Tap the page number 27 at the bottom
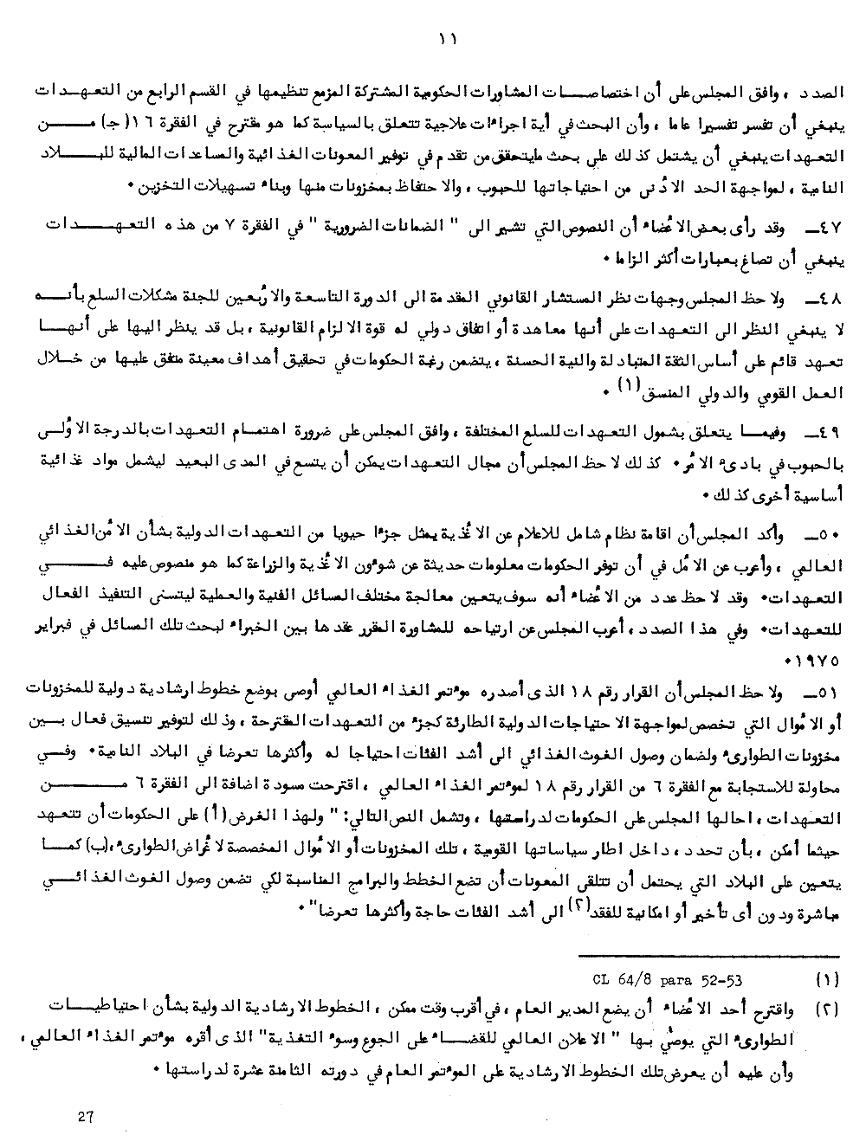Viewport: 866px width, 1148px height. [x=85, y=1117]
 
